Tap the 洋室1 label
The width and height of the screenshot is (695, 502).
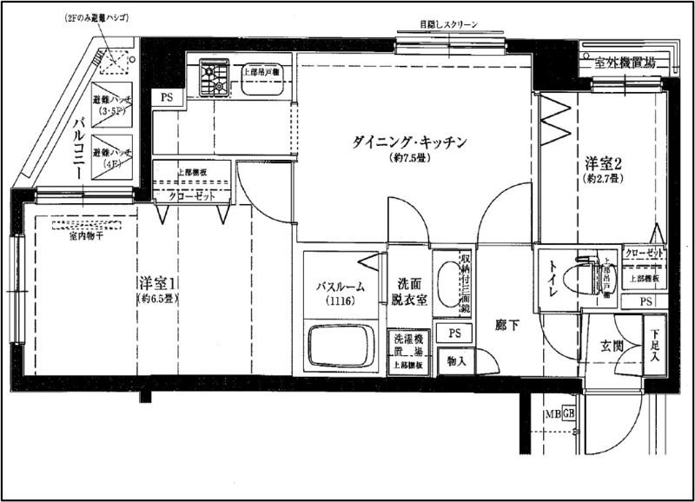[x=158, y=284]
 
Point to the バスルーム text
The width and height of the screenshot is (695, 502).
[x=340, y=287]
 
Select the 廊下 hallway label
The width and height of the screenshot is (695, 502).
[x=507, y=326]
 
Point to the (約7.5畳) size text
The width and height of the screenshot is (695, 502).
[x=411, y=160]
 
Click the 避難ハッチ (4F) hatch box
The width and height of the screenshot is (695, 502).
[x=111, y=153]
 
